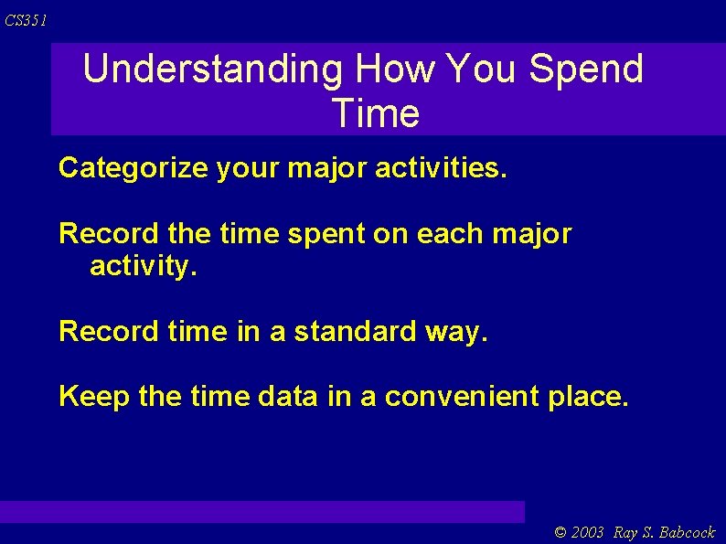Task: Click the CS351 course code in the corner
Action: [26, 20]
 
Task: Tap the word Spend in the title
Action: [586, 69]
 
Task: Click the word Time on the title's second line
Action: [376, 114]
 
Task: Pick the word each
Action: [448, 234]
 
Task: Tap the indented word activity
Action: [142, 267]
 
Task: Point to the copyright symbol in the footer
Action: [561, 533]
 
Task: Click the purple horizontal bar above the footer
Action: [262, 511]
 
